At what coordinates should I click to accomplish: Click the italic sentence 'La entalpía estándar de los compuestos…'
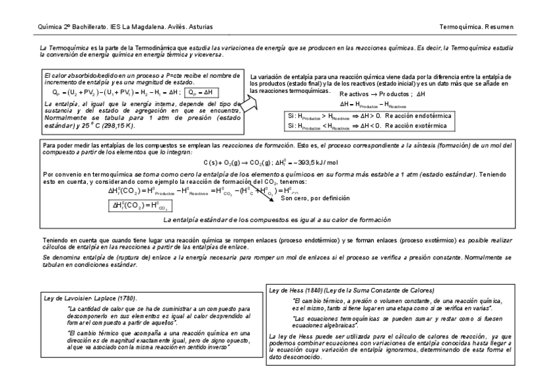(277, 220)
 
